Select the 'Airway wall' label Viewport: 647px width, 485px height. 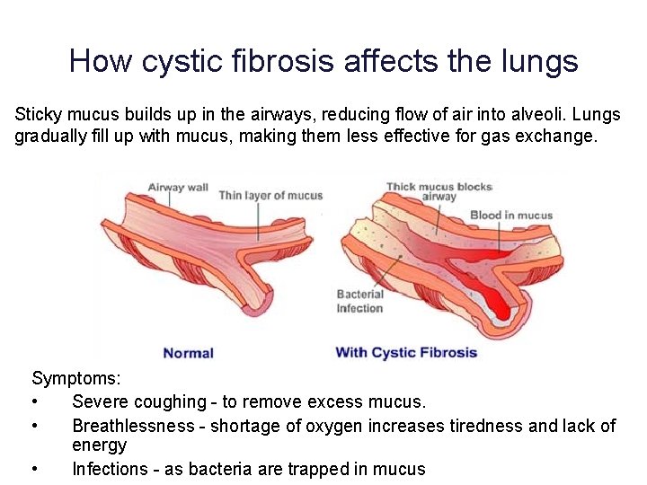click(178, 188)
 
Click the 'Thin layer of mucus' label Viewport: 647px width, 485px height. click(270, 196)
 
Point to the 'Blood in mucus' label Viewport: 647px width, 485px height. click(511, 216)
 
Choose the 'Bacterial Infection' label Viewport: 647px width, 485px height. click(359, 301)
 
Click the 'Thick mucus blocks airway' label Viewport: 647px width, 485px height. click(439, 192)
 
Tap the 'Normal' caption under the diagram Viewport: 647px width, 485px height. click(189, 353)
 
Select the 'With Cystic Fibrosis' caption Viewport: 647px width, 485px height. click(406, 353)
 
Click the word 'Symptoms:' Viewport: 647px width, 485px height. click(76, 378)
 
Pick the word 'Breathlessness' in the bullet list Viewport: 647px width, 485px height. click(133, 426)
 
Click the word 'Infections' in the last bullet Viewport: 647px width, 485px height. click(110, 469)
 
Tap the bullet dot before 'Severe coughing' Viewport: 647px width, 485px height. click(35, 401)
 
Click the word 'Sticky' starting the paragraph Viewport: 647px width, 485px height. click(39, 115)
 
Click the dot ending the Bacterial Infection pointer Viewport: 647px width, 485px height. click(400, 257)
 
